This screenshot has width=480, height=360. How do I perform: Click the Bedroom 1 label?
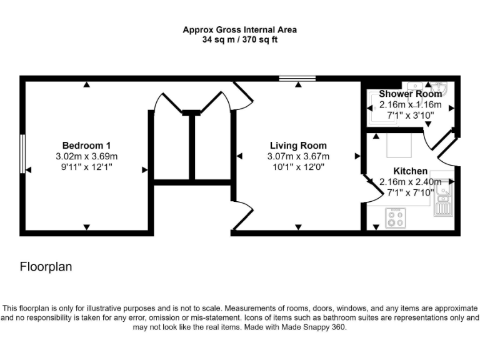click(x=86, y=146)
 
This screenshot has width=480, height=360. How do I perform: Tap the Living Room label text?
click(x=298, y=146)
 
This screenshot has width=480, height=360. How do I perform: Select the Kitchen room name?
click(x=410, y=171)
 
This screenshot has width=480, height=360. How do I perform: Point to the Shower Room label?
click(x=410, y=94)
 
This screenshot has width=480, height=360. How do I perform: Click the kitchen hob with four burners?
click(x=395, y=218)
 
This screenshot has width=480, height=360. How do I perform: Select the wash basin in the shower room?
click(x=416, y=86)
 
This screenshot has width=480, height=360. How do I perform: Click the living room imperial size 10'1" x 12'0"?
click(x=298, y=167)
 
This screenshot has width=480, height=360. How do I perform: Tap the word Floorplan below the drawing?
click(x=46, y=267)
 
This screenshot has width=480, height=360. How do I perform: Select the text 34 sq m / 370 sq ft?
click(x=239, y=39)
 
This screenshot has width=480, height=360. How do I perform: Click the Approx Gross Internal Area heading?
click(x=239, y=29)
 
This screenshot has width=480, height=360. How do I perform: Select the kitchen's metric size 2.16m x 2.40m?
click(x=410, y=182)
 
